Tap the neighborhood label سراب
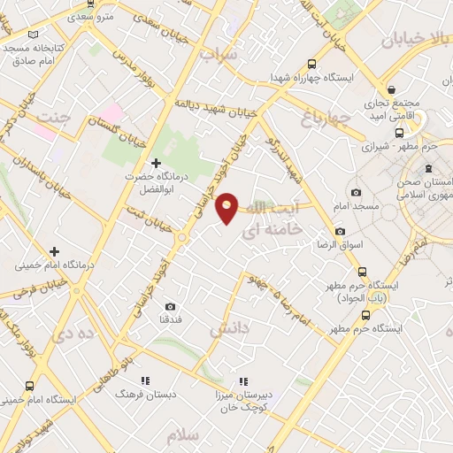point(219,56)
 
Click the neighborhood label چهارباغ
point(319,119)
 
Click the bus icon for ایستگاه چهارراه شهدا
point(311,64)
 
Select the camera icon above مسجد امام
point(356,192)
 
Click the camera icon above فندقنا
point(170,305)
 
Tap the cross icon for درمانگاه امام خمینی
point(56,252)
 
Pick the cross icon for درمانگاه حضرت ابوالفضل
point(157,163)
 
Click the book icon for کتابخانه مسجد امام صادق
point(34,34)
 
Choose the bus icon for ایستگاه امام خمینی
point(29,386)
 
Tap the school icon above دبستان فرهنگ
point(146,381)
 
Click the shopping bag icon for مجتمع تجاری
point(390,89)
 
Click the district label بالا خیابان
point(417,38)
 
